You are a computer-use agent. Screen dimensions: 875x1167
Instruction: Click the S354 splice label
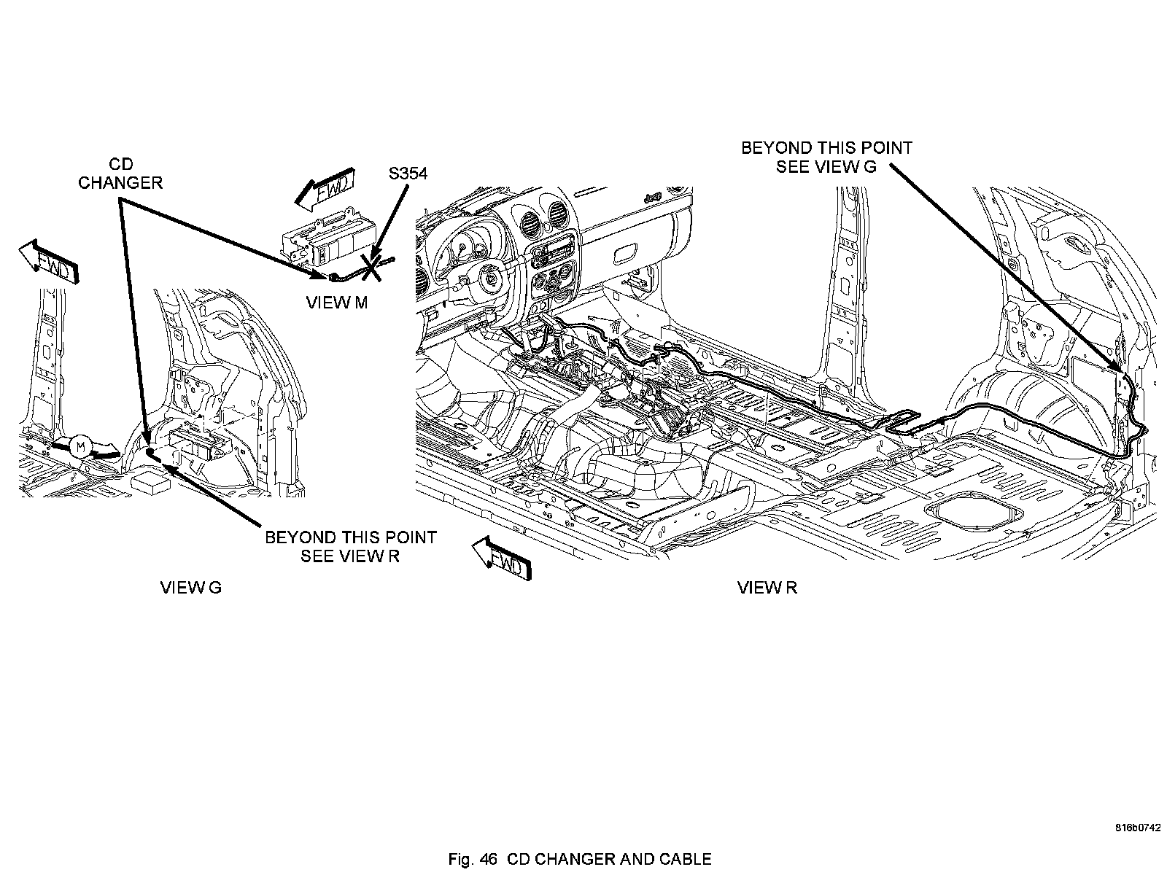point(408,174)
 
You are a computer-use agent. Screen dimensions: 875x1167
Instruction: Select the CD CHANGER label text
point(120,173)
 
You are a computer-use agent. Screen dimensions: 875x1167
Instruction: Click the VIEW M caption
point(336,303)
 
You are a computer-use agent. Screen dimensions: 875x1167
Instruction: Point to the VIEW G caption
point(190,588)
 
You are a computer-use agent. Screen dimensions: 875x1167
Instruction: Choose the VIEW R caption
point(767,588)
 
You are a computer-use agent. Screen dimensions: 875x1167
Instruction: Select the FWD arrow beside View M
point(325,189)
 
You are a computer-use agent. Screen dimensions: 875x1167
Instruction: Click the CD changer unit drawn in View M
point(328,240)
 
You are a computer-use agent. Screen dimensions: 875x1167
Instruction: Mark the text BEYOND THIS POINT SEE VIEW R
point(350,547)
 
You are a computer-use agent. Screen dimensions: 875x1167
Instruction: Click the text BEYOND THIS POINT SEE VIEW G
point(826,157)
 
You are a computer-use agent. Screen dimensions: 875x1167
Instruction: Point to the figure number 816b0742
point(1136,828)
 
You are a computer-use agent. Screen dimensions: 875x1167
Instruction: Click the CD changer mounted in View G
point(199,445)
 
